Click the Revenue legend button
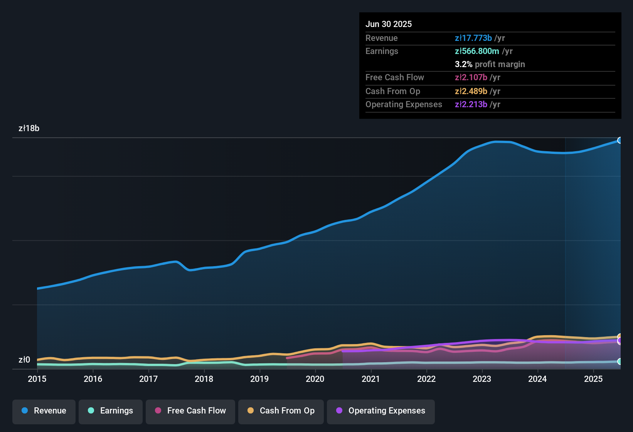click(44, 411)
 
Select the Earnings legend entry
click(111, 411)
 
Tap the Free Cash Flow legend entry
click(190, 411)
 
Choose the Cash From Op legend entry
click(281, 411)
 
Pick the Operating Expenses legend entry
click(381, 411)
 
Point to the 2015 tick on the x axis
click(37, 379)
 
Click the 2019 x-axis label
click(259, 379)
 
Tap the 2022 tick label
click(426, 379)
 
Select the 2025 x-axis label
click(593, 379)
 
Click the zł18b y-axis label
click(29, 128)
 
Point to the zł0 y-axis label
click(24, 360)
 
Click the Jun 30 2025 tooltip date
click(389, 24)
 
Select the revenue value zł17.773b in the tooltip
click(473, 38)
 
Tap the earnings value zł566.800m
click(477, 51)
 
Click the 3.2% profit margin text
click(490, 64)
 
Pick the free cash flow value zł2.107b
click(471, 78)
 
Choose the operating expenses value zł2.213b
click(471, 105)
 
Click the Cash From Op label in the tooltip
click(392, 91)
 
